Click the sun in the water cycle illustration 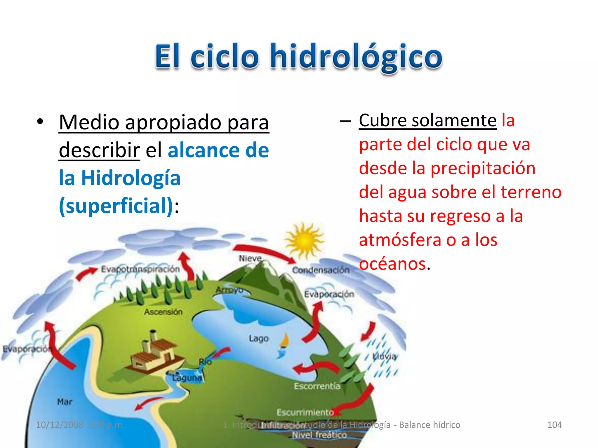click(304, 241)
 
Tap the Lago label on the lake click(258, 339)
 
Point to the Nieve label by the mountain click(250, 258)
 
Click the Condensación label click(321, 270)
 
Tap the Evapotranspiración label click(140, 269)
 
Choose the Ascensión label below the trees click(163, 312)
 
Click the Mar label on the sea click(65, 402)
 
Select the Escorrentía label click(317, 386)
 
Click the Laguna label click(187, 378)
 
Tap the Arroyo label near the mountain click(229, 290)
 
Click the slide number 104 click(554, 425)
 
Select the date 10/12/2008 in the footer click(60, 425)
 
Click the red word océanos click(392, 264)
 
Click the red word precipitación click(483, 168)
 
